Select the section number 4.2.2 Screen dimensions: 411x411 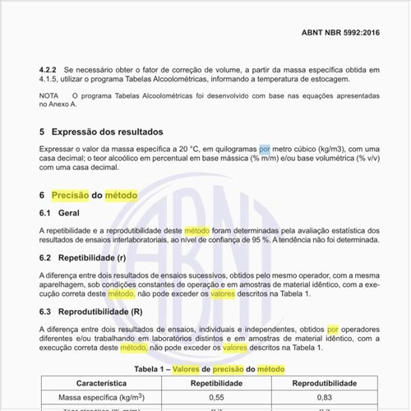[x=49, y=69]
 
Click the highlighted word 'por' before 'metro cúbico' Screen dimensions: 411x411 [x=264, y=147]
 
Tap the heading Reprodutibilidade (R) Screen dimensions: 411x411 [x=100, y=312]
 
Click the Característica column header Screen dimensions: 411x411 [x=101, y=383]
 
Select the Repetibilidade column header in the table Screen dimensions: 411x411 [x=216, y=383]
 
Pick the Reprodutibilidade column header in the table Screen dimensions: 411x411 [x=324, y=383]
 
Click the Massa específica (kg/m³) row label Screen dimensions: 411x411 [x=101, y=397]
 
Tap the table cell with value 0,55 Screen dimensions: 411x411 [x=216, y=397]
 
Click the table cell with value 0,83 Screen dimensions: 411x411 [x=324, y=397]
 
